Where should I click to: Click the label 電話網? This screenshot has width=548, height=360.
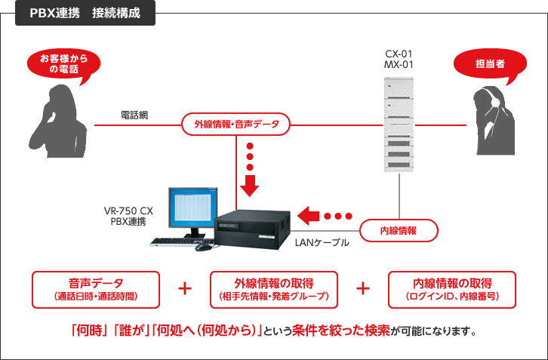[x=134, y=115]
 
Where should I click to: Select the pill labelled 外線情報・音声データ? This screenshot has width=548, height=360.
[x=236, y=124]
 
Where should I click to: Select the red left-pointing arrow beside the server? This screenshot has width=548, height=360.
[x=309, y=216]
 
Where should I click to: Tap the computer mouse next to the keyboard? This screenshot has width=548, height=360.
[x=201, y=247]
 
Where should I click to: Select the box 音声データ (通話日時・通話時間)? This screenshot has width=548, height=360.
[x=95, y=289]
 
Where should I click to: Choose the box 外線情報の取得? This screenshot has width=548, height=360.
[x=273, y=289]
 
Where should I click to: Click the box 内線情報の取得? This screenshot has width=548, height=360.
[x=451, y=289]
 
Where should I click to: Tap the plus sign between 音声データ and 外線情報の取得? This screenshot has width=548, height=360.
[x=184, y=289]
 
